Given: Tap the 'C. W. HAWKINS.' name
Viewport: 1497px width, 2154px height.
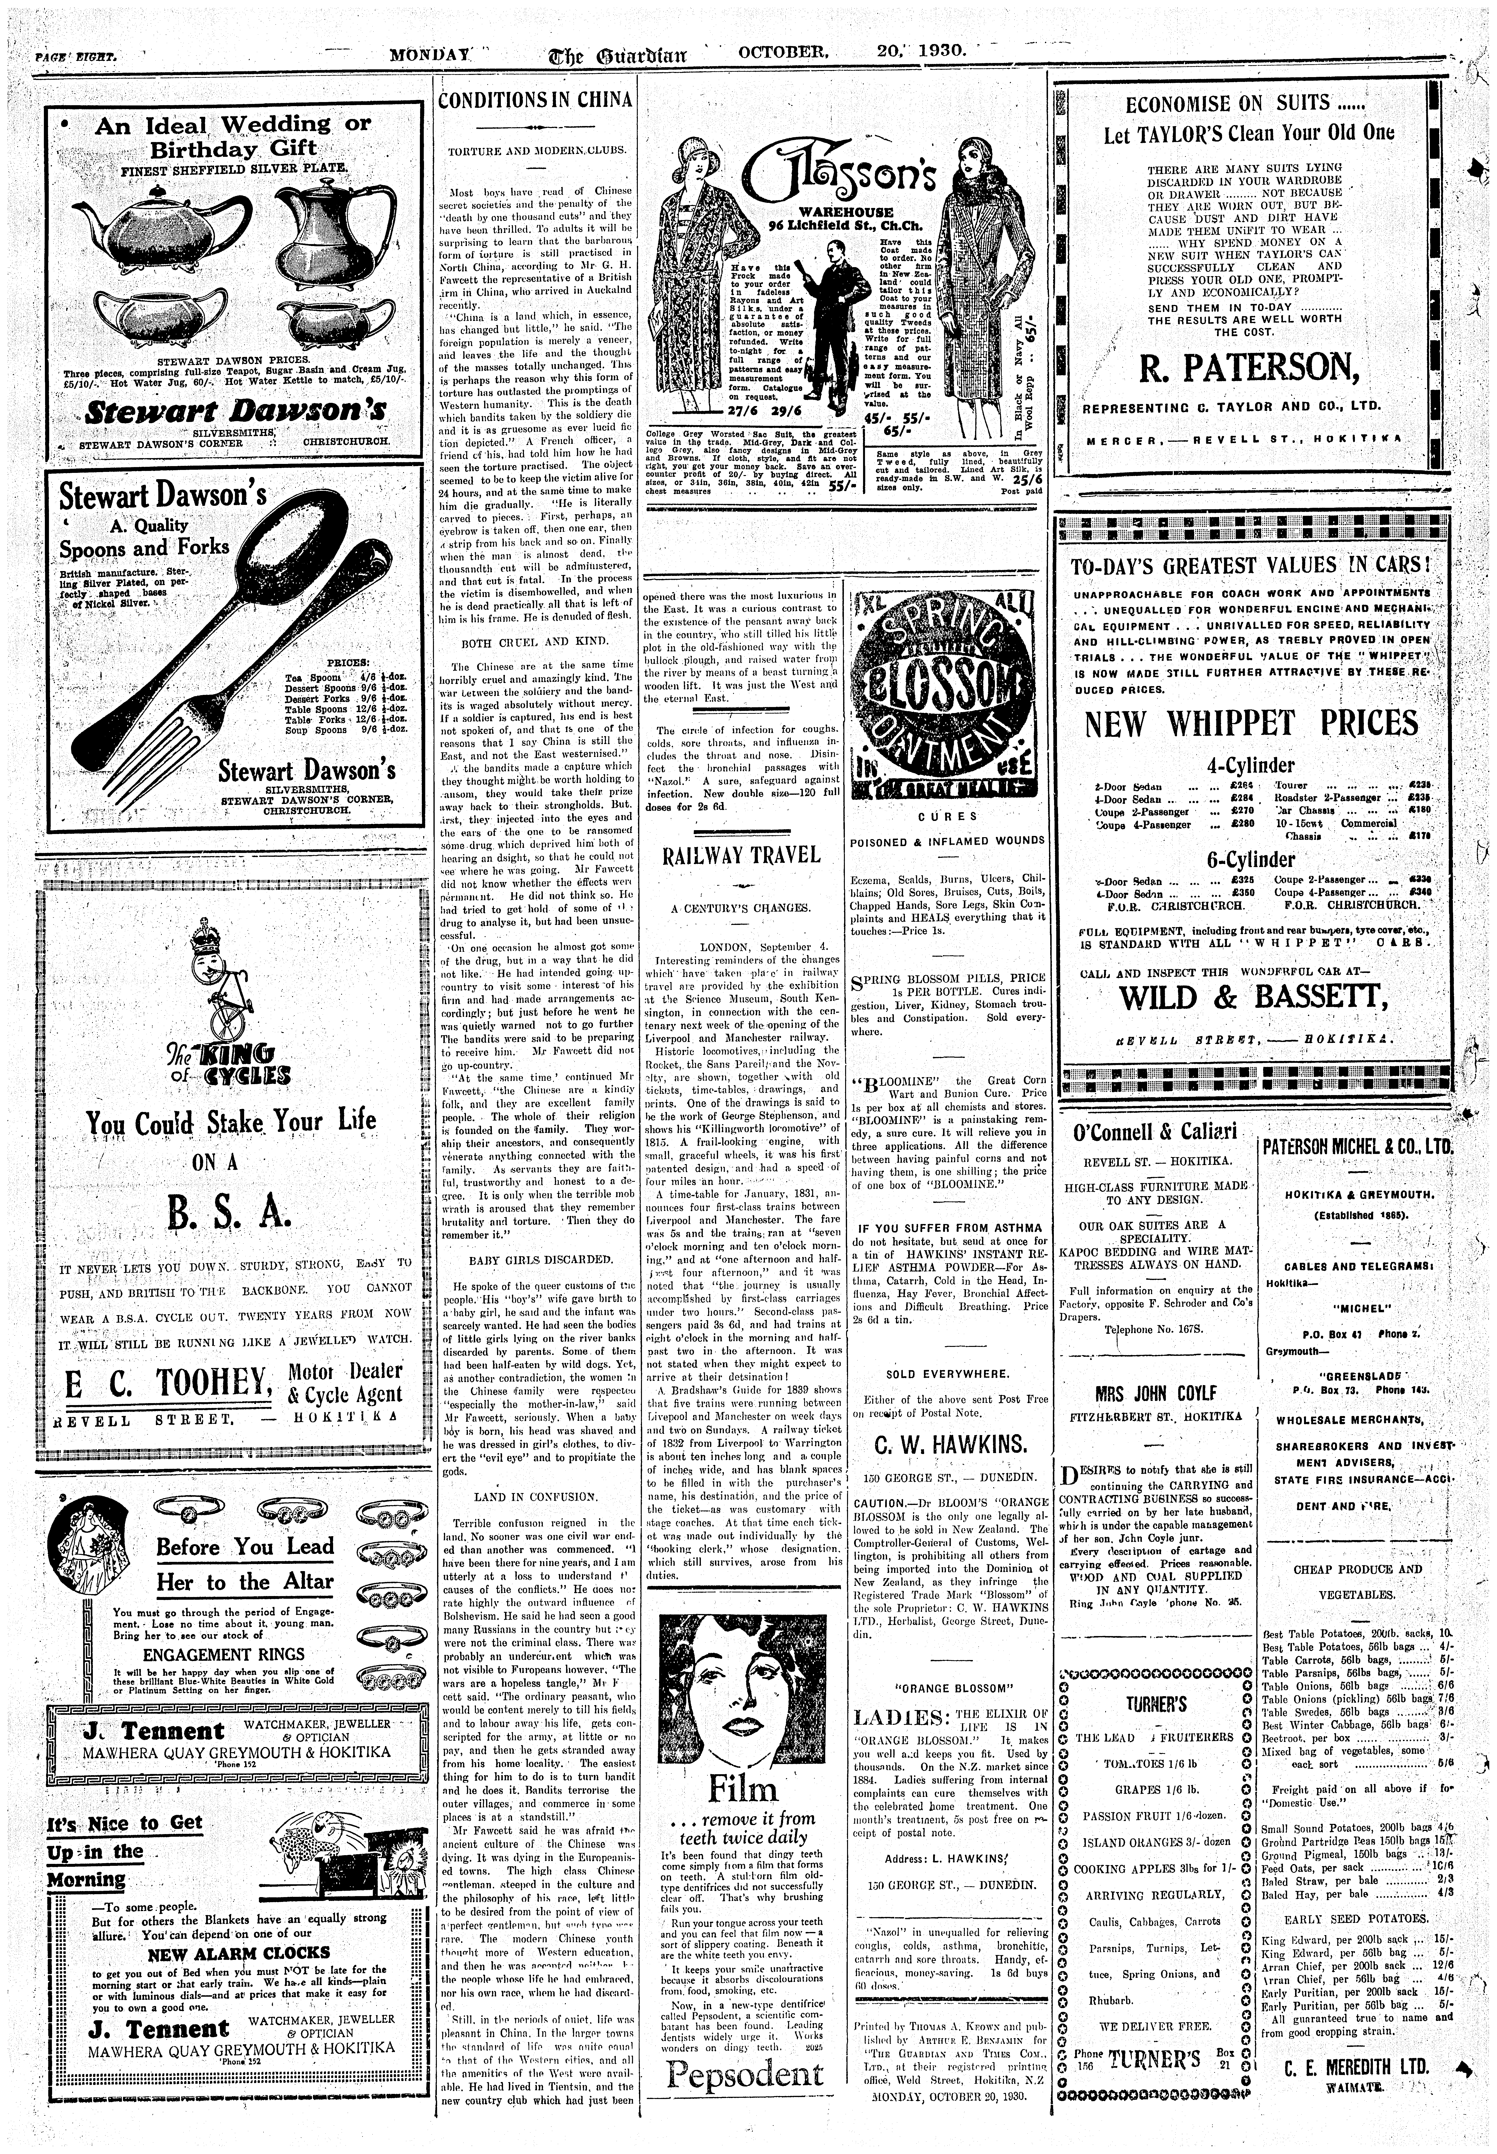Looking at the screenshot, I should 950,1442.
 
